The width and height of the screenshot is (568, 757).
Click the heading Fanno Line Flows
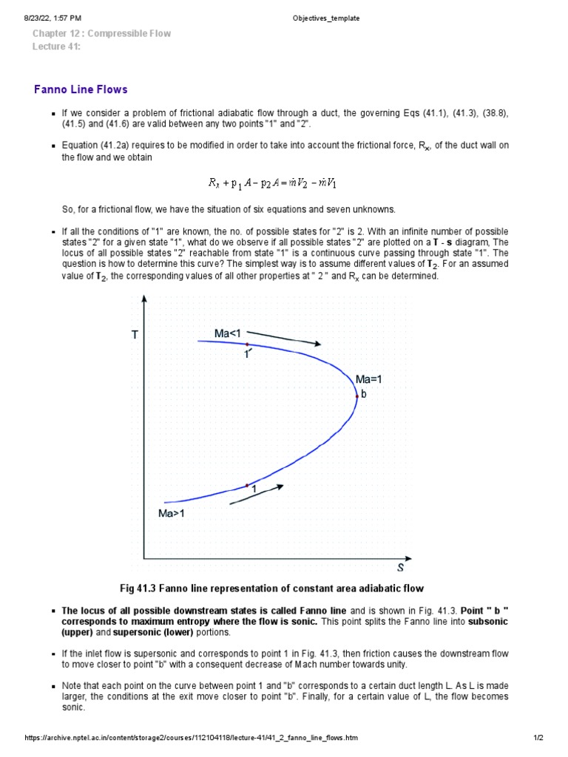81,89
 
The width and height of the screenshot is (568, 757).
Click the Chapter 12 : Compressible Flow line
101,33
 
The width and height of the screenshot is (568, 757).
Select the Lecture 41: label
56,47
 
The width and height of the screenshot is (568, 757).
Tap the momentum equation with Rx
274,182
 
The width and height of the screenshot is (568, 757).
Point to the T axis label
135,335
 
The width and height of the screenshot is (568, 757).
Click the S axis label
400,568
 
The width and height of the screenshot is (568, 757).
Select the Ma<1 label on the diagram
228,334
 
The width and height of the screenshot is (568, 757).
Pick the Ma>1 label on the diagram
171,514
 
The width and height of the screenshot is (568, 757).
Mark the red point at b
357,397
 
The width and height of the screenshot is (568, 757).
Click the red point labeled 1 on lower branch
247,485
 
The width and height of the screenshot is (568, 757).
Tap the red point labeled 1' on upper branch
247,344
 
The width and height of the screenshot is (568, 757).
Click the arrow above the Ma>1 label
257,495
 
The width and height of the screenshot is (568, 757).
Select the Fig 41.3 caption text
271,588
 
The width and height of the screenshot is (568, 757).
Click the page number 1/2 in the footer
538,739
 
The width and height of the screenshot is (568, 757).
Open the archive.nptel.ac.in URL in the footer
192,739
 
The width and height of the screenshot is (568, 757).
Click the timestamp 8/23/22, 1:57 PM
53,18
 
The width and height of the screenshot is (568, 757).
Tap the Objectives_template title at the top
326,18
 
